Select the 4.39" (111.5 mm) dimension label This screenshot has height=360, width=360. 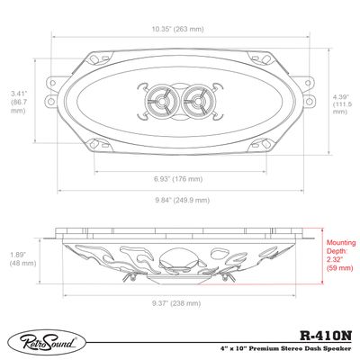coord(341,103)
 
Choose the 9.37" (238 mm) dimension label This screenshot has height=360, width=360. coord(180,301)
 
